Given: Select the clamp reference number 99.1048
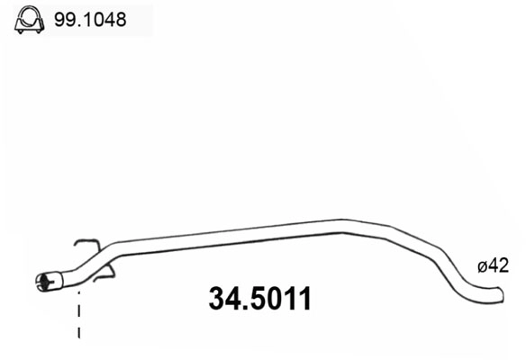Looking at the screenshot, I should (90, 18).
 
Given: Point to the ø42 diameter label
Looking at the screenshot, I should (493, 265).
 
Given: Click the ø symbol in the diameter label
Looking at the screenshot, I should (482, 266).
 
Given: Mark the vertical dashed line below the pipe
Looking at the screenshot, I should (79, 315).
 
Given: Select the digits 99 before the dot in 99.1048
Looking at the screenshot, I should (64, 18).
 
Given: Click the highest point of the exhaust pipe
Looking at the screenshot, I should (342, 221).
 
